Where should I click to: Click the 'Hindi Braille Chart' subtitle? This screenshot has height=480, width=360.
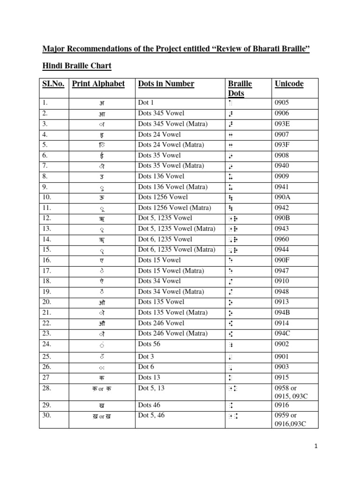[77, 66]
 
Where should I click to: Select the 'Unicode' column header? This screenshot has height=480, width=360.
[289, 84]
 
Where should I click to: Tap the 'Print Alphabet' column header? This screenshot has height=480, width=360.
[98, 84]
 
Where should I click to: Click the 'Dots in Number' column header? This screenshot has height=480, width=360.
[166, 84]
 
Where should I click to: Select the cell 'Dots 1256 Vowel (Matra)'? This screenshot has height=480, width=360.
[174, 208]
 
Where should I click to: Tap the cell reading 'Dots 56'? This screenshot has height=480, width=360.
[149, 344]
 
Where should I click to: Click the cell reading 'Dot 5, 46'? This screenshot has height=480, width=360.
[151, 415]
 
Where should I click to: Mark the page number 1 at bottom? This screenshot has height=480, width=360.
[316, 447]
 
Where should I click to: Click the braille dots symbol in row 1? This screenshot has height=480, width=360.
[230, 103]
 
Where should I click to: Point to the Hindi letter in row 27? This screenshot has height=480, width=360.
[102, 378]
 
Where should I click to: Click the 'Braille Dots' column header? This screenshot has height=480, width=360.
[240, 88]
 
